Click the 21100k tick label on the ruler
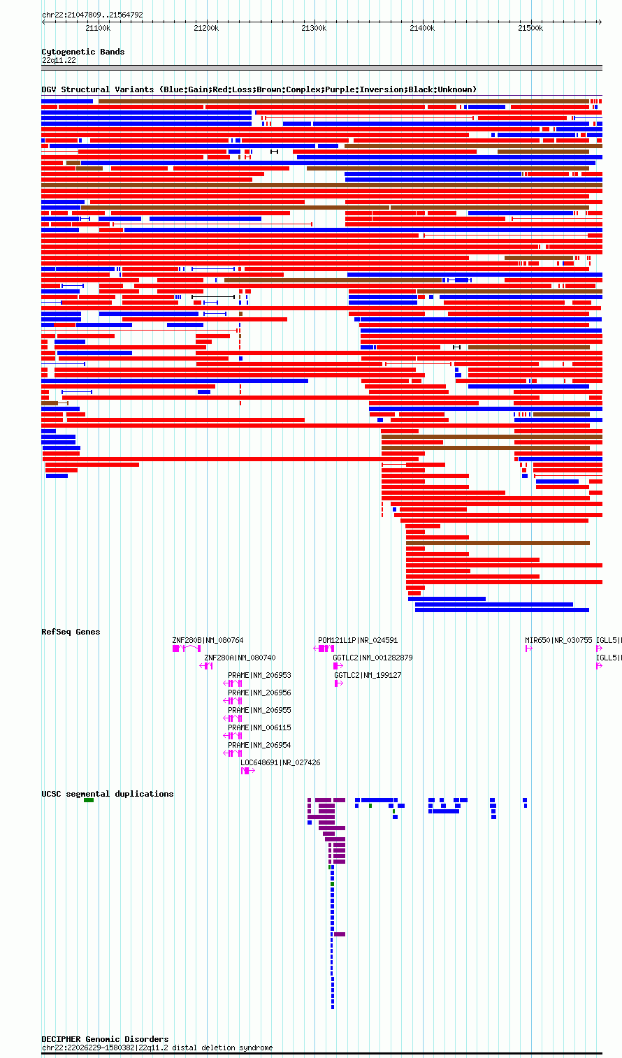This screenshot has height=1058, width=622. [x=98, y=29]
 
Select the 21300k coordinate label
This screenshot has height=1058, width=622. [x=314, y=29]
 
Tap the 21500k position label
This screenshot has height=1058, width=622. [x=530, y=29]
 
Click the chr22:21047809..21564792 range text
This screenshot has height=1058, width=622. [x=92, y=15]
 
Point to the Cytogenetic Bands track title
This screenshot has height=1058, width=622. [x=83, y=52]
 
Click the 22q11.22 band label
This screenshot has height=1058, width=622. [x=59, y=61]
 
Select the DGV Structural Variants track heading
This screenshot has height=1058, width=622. [x=259, y=89]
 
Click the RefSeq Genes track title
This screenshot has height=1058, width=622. [x=71, y=632]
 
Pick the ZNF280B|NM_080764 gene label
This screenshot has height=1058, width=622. [x=208, y=641]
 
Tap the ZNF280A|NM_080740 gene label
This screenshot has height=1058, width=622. [x=240, y=658]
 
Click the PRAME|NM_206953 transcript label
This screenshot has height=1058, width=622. [x=259, y=676]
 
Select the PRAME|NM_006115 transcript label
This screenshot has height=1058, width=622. [x=259, y=728]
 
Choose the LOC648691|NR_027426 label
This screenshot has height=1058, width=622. [x=280, y=763]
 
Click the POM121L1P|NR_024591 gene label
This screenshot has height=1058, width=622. [x=358, y=641]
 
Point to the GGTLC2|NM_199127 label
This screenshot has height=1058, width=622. [x=368, y=676]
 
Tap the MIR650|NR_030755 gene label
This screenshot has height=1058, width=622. [x=558, y=641]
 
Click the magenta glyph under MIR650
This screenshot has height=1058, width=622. [x=529, y=648]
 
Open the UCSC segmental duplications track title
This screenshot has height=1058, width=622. [x=108, y=794]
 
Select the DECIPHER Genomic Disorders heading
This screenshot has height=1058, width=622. [x=106, y=1039]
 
